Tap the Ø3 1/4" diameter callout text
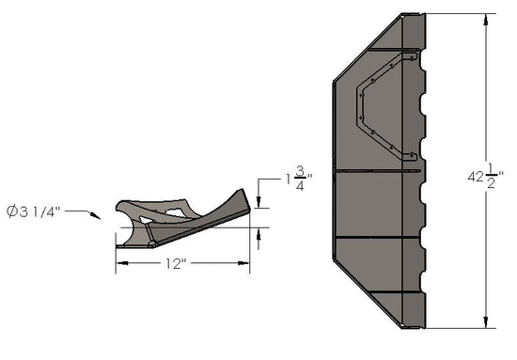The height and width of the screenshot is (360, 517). coord(37,211)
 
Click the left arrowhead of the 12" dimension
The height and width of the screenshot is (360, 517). coord(119,266)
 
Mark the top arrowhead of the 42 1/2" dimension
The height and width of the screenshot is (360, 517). coord(486,18)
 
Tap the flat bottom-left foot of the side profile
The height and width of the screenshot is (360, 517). coord(127,246)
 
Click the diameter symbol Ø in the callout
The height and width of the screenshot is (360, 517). coord(12,211)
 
